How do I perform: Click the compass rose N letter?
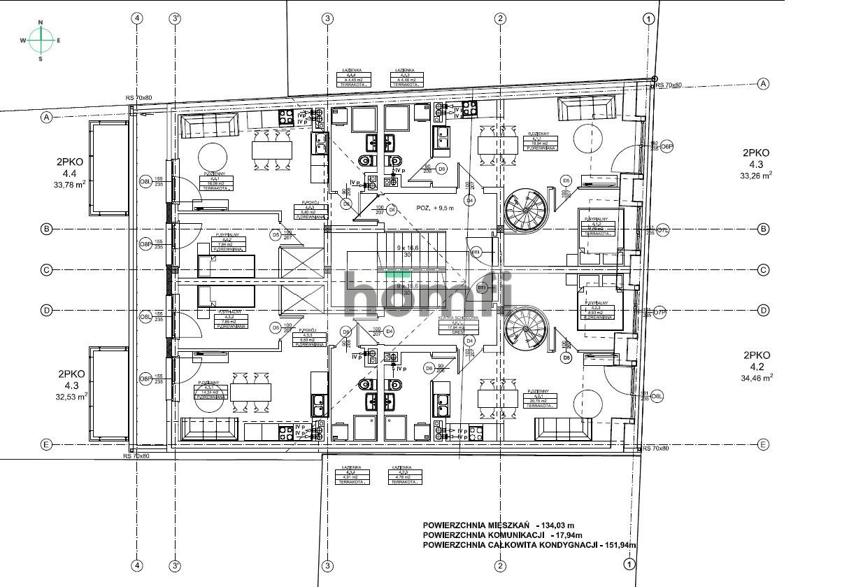tap(41, 23)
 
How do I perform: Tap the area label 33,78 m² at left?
tap(69, 185)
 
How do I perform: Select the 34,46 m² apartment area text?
tap(757, 377)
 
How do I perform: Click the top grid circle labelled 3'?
tap(175, 19)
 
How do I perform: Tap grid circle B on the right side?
tap(764, 229)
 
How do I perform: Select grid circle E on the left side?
tap(47, 444)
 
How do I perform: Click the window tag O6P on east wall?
tap(666, 146)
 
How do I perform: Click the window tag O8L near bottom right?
tap(657, 397)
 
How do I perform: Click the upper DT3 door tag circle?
tap(476, 252)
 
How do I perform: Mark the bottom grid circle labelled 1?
tap(629, 564)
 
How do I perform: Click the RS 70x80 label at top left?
tap(138, 98)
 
